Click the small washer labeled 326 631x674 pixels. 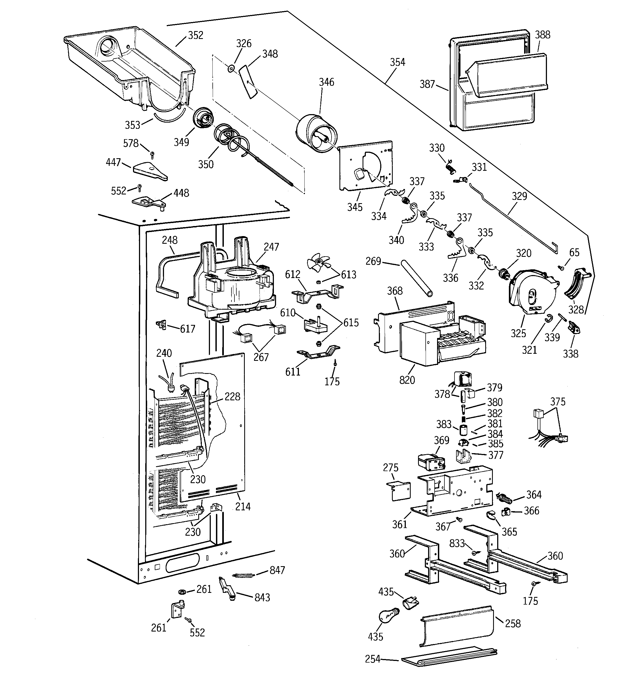coord(231,69)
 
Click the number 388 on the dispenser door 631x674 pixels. coord(543,35)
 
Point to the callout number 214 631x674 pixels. coord(243,507)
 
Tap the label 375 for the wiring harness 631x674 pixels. coord(558,401)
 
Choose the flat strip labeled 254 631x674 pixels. coord(449,657)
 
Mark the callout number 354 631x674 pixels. coord(397,62)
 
